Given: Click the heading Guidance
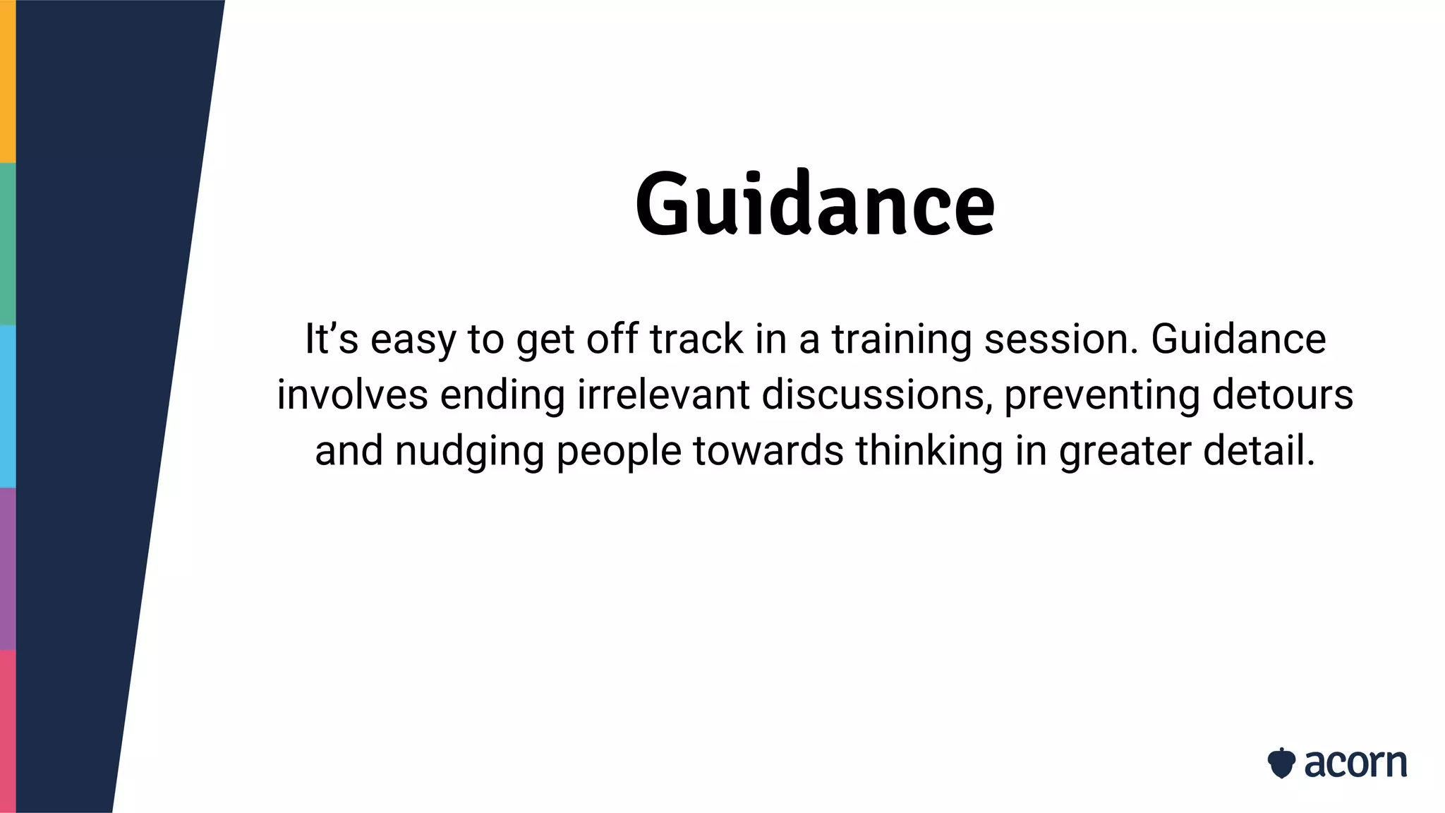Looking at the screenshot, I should (815, 205).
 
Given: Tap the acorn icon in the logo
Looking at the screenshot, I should (1281, 763).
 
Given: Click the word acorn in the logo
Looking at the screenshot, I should (1355, 764).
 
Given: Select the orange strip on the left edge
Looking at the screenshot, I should (7, 81).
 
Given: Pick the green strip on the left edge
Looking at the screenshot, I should (7, 243).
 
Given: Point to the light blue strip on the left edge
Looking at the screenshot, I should (7, 406).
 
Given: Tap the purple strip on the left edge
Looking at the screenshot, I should (7, 568).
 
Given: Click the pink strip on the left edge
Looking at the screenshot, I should (7, 730).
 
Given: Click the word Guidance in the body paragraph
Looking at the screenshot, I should (1238, 339).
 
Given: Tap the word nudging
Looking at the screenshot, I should (469, 452).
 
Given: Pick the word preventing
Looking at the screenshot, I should (1101, 396).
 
